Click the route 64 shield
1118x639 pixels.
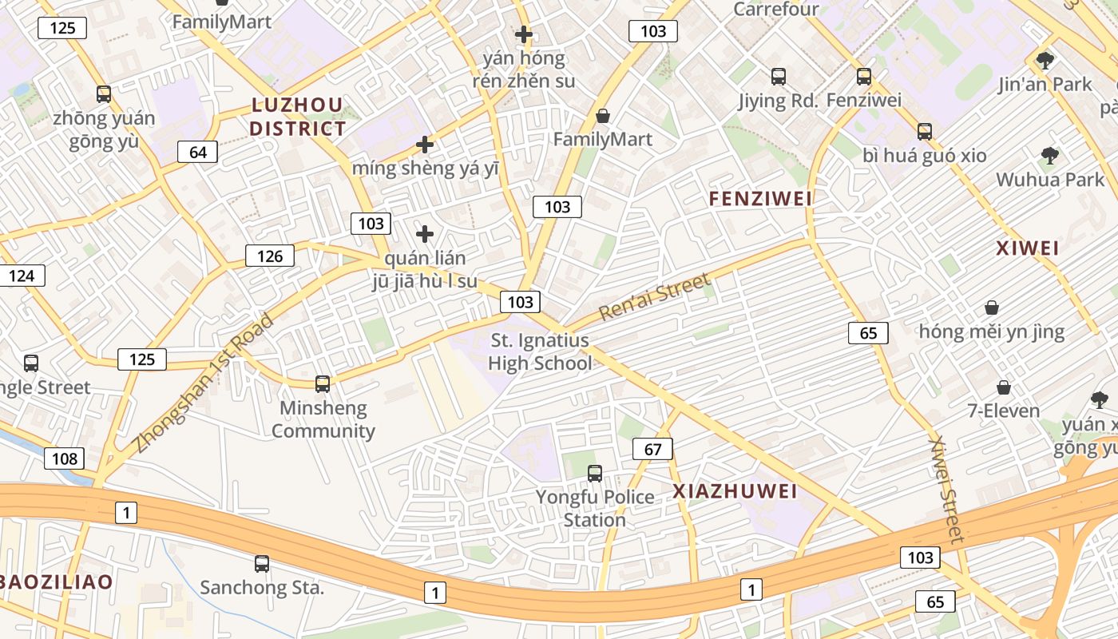[x=198, y=152]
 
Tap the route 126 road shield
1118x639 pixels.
[x=270, y=256]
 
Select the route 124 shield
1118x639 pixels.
[x=22, y=276]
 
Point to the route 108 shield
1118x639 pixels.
[x=64, y=458]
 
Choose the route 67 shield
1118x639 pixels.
[x=652, y=449]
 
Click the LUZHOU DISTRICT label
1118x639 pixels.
[x=297, y=117]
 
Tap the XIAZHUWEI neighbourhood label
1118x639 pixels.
[x=735, y=491]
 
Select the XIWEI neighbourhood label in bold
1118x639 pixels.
[x=1028, y=248]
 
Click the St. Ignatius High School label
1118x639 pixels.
[x=540, y=352]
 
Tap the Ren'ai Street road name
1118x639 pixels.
[x=654, y=296]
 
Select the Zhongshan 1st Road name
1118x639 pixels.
[x=204, y=383]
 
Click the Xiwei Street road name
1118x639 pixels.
[x=948, y=489]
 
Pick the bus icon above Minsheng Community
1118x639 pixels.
[x=323, y=384]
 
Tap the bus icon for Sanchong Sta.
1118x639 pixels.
[x=262, y=564]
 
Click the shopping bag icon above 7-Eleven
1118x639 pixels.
[x=1004, y=388]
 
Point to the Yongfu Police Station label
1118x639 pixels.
[x=595, y=508]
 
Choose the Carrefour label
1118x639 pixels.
[x=776, y=10]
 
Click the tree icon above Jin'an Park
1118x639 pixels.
[x=1045, y=60]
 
